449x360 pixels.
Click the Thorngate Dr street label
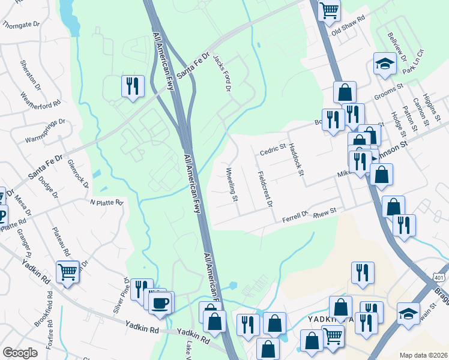(20, 25)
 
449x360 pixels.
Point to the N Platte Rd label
(106, 202)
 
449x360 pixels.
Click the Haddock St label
(297, 160)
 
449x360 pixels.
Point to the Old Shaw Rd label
(348, 28)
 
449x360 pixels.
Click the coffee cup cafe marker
(160, 302)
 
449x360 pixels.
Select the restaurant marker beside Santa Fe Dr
(132, 85)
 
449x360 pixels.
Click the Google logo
(20, 353)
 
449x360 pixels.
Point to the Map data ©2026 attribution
(423, 355)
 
